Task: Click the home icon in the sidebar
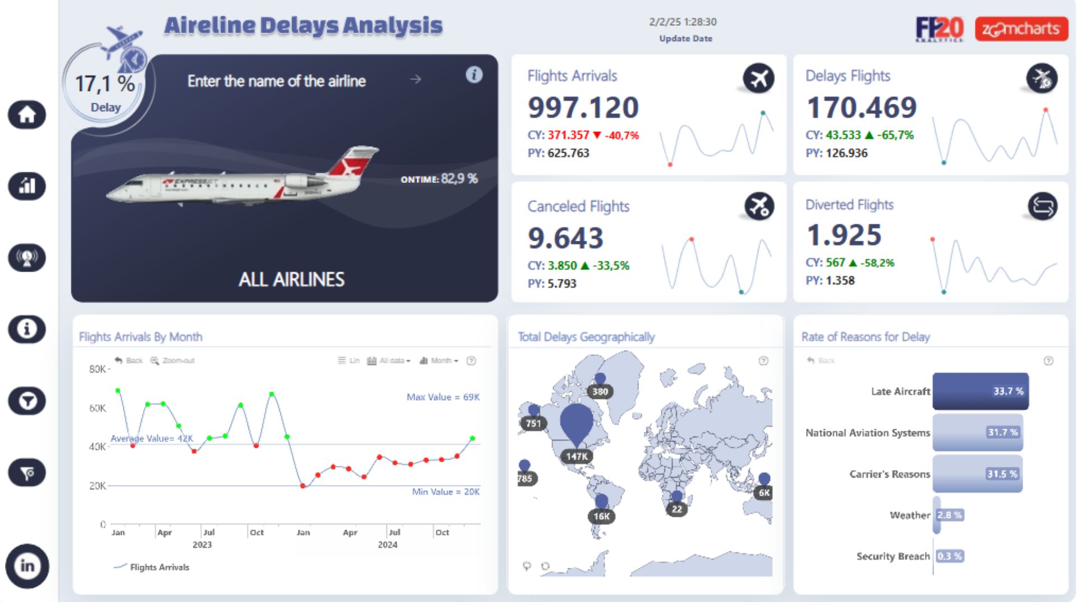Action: click(27, 115)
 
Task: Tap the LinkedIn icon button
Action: click(27, 566)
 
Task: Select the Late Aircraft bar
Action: click(980, 391)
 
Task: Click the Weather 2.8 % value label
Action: click(949, 515)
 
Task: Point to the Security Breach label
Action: click(892, 556)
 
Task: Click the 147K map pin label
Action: click(577, 456)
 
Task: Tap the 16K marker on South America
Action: click(601, 516)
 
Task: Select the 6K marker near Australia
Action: click(764, 493)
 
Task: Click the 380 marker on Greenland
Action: click(600, 392)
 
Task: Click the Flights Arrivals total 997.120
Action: click(583, 107)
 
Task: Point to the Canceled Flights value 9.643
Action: click(565, 238)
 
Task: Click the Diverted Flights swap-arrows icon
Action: click(1042, 206)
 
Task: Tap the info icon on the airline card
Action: click(474, 75)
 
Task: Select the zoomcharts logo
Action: click(1021, 29)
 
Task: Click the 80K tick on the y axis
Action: click(98, 369)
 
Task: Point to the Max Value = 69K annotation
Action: click(443, 397)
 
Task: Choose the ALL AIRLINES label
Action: click(291, 279)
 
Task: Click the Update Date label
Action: click(685, 39)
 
